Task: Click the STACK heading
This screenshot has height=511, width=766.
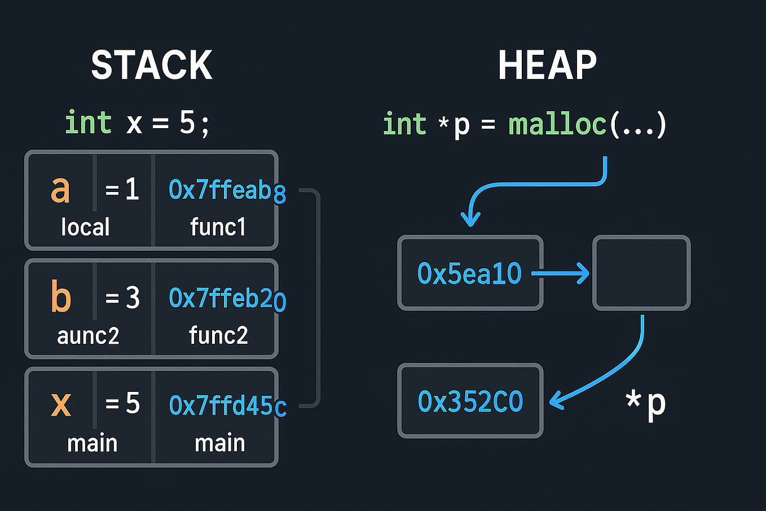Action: point(152,65)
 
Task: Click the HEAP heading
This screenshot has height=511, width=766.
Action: point(547,65)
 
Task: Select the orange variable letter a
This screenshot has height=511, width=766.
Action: point(60,189)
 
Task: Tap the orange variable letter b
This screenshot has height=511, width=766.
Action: point(61,296)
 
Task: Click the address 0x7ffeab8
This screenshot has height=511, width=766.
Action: point(227,190)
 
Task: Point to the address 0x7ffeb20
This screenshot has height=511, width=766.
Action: point(227,298)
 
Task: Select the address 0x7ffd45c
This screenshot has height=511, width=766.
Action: point(227,405)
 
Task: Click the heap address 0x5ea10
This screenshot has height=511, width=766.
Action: point(469,274)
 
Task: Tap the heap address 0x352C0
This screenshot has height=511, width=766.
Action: point(470,401)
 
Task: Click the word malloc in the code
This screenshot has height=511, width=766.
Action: point(557,124)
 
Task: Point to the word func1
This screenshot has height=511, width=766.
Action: point(218,227)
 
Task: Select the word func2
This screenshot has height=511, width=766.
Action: point(218,335)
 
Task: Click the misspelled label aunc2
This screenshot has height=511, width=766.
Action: point(88,336)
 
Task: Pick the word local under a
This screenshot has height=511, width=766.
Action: point(85,227)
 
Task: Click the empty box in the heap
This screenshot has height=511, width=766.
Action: point(641,273)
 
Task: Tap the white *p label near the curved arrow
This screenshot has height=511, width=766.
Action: point(646,403)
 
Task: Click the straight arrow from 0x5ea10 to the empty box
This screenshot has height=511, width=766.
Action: point(561,274)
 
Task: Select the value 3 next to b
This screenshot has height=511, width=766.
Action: point(133,297)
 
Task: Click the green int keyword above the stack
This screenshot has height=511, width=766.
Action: point(89,123)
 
